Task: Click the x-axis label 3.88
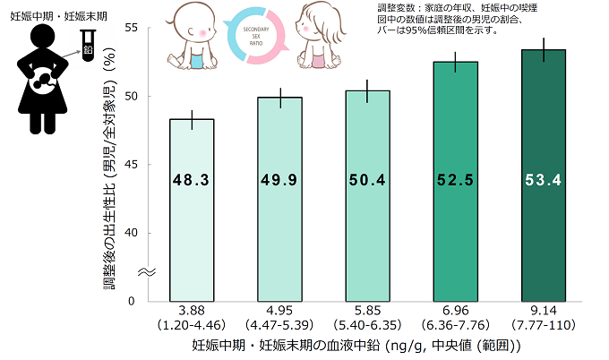coord(191,310)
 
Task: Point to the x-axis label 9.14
coord(543,310)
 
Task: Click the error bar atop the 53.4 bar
coord(543,50)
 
